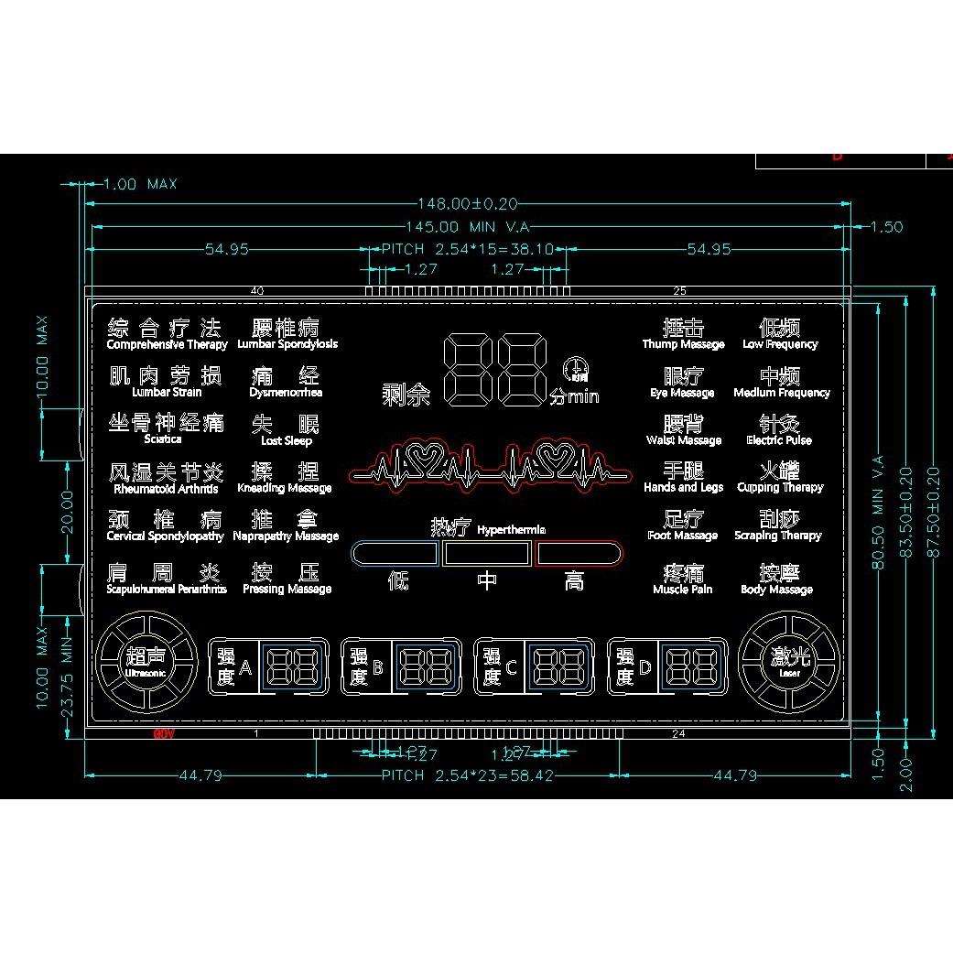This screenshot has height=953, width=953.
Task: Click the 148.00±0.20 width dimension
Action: [468, 204]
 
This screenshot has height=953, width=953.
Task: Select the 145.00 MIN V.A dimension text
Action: [468, 227]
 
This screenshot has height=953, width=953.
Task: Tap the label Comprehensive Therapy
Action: [167, 345]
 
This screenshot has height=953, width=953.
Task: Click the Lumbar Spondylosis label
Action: [287, 344]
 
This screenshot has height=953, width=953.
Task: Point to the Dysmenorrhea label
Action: [286, 393]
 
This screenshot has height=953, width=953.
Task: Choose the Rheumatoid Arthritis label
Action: [167, 489]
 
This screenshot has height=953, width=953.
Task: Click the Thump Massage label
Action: [683, 344]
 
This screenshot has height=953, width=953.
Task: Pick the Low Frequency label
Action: [780, 344]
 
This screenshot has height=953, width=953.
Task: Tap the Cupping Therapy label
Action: [780, 488]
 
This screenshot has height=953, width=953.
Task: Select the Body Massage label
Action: [776, 590]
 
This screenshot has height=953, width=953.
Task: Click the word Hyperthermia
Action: [512, 530]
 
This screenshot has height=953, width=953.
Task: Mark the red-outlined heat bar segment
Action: [579, 553]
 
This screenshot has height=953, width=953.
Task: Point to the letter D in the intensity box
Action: [644, 667]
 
